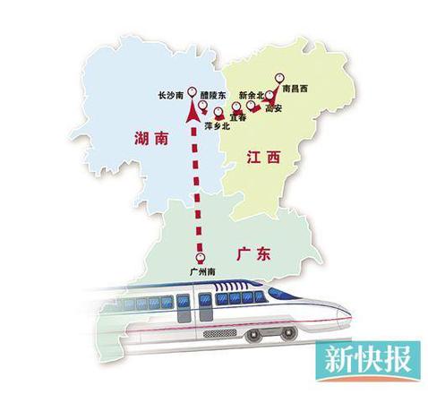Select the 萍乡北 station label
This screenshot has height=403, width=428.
point(218,126)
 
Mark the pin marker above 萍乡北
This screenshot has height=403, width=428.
point(218,113)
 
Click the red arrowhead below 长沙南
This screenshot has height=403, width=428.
point(191,113)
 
